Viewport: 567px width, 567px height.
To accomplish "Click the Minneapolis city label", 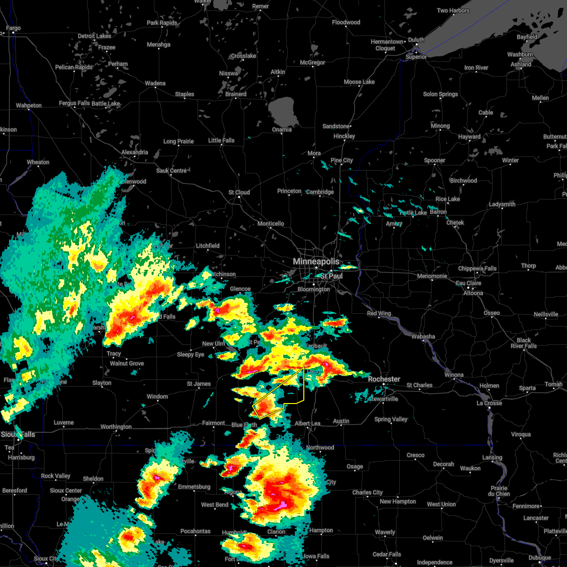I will click(316, 261).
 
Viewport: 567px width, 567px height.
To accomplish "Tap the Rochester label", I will click(384, 379).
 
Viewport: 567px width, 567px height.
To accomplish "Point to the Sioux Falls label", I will click(18, 434).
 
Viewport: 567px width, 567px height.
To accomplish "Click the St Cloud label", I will click(239, 192).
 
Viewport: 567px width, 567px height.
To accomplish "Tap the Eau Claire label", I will click(469, 283).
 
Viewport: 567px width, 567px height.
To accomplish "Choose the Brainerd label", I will click(236, 94).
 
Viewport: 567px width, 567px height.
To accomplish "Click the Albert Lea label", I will click(308, 423).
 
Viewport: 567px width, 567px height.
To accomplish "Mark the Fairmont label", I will click(214, 423).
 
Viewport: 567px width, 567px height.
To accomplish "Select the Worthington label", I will click(116, 427).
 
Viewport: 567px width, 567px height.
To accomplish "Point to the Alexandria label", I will click(135, 152).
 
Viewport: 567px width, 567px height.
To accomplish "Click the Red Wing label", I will click(379, 313).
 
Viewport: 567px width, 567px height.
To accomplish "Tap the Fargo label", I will click(13, 28).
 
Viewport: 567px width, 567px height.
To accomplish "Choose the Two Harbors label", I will click(453, 10).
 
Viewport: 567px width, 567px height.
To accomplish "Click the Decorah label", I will click(444, 464).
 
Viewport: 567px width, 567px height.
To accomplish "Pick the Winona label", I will click(454, 375).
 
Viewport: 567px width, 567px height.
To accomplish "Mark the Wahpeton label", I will click(29, 105).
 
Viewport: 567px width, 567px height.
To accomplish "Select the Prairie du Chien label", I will click(499, 491).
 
